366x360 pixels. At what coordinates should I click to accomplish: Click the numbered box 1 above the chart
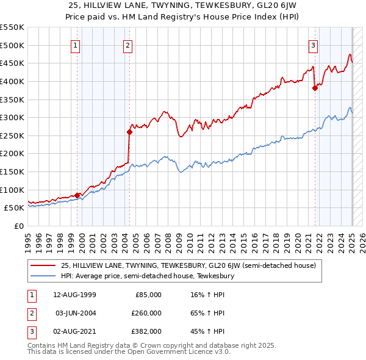click(75, 45)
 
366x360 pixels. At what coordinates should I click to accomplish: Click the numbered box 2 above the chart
click(127, 45)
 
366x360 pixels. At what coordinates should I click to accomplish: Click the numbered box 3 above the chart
click(313, 45)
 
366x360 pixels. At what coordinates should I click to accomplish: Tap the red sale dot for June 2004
click(129, 132)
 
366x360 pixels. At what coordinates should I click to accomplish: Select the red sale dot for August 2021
click(315, 88)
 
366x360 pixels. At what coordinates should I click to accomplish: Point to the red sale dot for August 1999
click(77, 195)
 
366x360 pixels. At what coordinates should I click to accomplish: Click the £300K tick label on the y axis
click(12, 117)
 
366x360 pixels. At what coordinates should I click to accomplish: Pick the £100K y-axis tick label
click(12, 190)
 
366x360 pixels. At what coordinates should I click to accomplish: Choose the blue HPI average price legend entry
click(147, 276)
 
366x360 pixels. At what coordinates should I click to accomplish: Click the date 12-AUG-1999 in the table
click(74, 295)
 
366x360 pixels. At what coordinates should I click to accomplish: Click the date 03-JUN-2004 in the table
click(76, 313)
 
